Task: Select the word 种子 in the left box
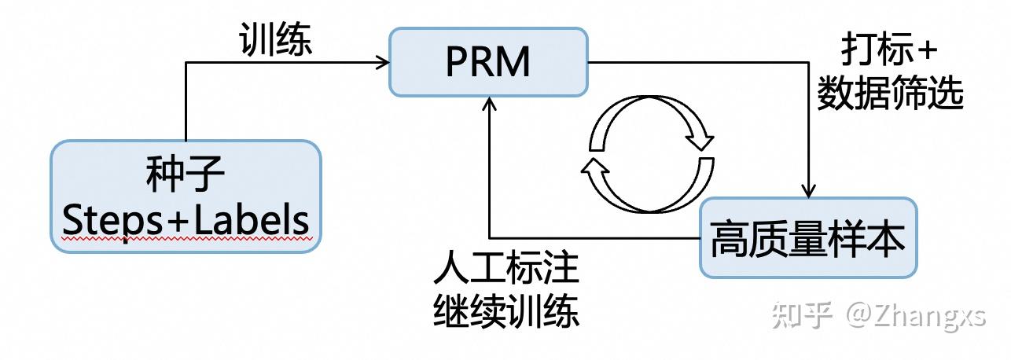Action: [x=186, y=177]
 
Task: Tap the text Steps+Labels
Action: [x=186, y=221]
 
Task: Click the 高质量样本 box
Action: [x=807, y=237]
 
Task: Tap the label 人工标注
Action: [x=505, y=270]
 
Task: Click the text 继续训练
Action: [x=505, y=313]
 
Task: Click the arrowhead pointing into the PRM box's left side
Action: [x=384, y=61]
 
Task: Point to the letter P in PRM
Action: [x=457, y=61]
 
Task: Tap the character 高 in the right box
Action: [x=726, y=238]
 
